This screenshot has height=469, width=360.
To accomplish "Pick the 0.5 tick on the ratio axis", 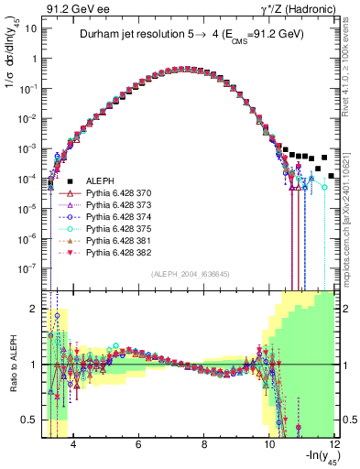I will coord(34,420).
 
